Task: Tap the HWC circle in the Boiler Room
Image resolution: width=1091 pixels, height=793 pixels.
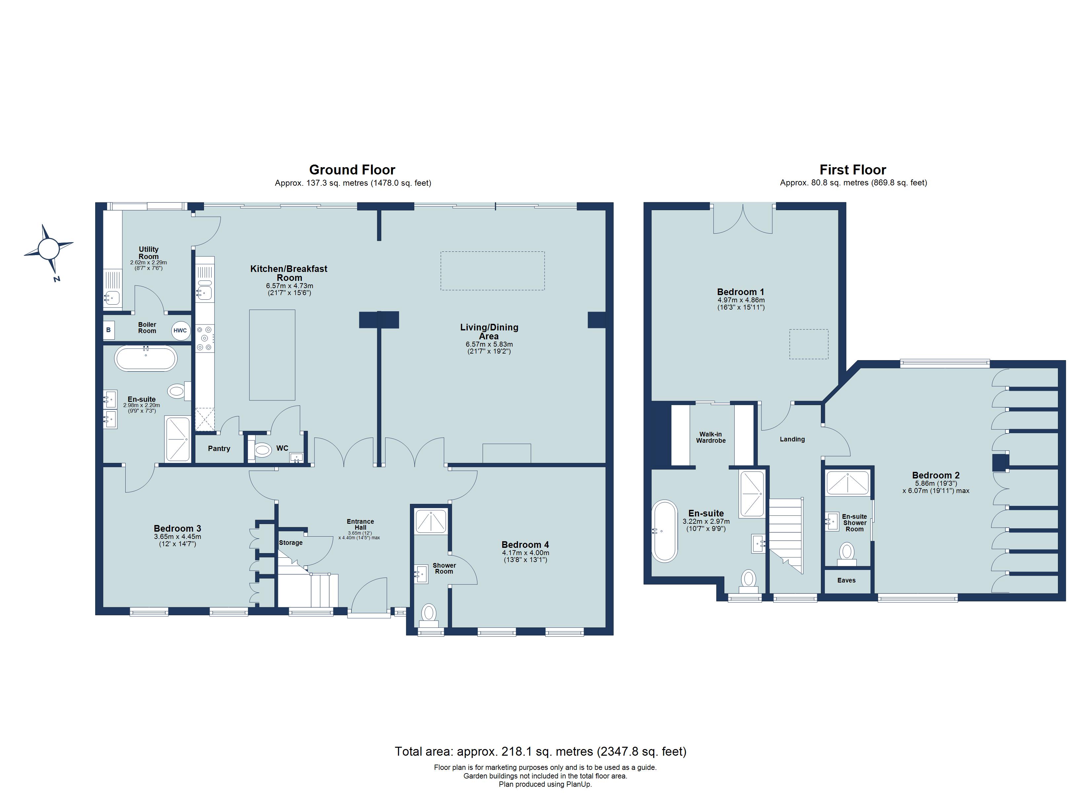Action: [x=181, y=331]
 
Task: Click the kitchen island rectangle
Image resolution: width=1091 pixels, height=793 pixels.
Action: [x=272, y=355]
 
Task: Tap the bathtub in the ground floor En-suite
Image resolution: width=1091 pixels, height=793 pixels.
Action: [x=146, y=358]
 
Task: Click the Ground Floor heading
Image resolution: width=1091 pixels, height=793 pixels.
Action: [x=352, y=170]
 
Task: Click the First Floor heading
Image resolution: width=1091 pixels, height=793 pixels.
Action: [x=853, y=170]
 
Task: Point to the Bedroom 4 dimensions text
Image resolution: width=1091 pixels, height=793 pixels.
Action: [x=525, y=556]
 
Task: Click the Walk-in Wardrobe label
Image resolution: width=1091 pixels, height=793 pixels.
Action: [x=710, y=437]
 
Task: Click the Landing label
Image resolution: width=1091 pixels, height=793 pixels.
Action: [x=792, y=439]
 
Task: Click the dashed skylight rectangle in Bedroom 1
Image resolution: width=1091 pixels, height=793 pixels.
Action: [x=809, y=344]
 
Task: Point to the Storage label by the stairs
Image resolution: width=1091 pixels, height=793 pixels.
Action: [x=291, y=543]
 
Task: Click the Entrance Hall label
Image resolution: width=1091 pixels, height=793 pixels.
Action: [x=360, y=524]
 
